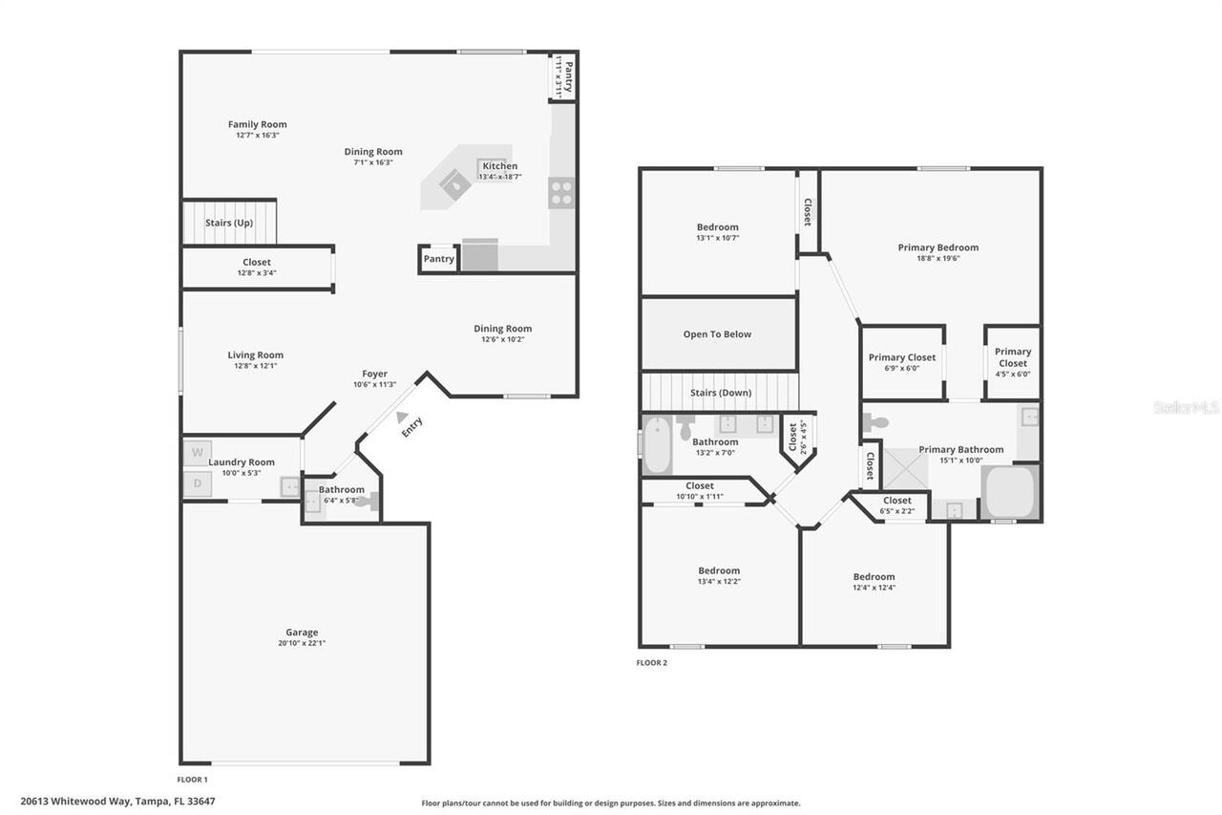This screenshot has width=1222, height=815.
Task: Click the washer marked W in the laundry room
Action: (197, 452)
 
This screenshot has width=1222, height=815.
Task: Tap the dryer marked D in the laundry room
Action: (197, 483)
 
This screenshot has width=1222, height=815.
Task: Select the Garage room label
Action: (302, 632)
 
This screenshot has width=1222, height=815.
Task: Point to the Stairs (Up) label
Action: (229, 223)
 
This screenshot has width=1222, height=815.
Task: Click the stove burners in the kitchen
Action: (560, 193)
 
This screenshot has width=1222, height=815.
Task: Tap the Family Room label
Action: (257, 124)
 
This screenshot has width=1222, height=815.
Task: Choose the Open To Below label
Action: (717, 334)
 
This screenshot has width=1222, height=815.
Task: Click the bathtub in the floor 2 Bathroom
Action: (658, 446)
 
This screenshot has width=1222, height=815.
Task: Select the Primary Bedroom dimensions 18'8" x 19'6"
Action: (938, 258)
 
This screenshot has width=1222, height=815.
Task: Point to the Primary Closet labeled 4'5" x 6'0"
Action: (1012, 357)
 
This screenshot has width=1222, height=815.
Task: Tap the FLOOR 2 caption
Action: (652, 662)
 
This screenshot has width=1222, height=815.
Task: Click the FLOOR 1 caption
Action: (192, 780)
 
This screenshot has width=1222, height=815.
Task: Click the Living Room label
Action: (255, 354)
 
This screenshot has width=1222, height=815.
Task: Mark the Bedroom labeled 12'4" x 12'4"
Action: (874, 576)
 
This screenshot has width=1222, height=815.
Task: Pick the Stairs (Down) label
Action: (720, 393)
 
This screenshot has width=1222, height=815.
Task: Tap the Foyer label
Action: (374, 374)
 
